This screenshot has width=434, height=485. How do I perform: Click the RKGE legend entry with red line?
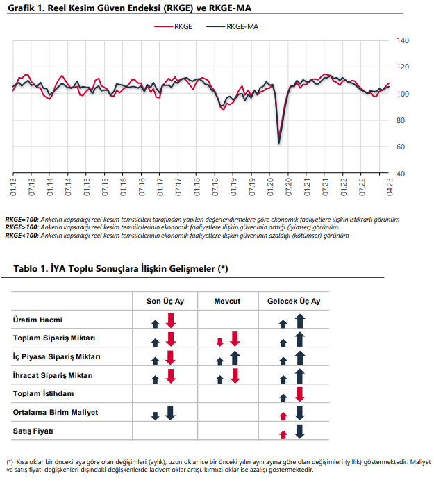tap(173, 26)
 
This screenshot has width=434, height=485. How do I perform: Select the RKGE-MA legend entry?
tap(233, 26)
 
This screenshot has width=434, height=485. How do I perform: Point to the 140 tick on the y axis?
tap(403, 40)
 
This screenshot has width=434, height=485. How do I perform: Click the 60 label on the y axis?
tap(401, 147)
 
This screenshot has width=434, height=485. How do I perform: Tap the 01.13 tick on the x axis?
tap(13, 187)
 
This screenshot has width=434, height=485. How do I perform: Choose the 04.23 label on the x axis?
tap(390, 187)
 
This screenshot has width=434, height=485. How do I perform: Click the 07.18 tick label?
tap(215, 187)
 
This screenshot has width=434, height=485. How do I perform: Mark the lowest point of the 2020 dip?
tap(279, 143)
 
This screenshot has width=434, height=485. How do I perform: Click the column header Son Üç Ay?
tap(165, 301)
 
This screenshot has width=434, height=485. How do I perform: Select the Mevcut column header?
tap(227, 301)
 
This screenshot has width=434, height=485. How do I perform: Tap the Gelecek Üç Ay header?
tap(294, 301)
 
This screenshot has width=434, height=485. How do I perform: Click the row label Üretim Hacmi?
tap(37, 320)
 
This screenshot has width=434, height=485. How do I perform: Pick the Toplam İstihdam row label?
tap(43, 393)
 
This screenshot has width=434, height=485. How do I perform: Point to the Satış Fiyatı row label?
tap(33, 431)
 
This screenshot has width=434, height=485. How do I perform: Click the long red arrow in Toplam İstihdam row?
tap(299, 395)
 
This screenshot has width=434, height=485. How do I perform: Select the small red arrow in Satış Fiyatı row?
tap(283, 435)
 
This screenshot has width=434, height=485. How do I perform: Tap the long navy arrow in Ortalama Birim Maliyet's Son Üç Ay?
tap(170, 413)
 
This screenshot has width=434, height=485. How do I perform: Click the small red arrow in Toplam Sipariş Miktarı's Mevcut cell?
tap(220, 342)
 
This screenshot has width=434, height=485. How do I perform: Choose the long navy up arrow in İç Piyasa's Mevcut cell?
tap(235, 358)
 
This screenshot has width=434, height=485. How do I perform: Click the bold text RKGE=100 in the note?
tap(22, 220)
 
